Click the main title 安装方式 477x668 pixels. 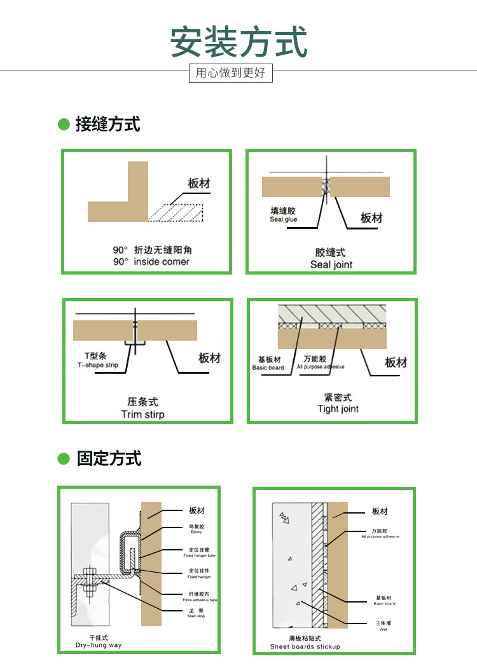238,42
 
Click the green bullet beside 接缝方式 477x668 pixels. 64,124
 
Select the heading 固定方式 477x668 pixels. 109,458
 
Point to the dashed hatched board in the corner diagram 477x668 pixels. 176,213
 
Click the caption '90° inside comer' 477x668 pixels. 151,261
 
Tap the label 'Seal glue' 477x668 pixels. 283,219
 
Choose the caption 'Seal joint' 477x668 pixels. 331,264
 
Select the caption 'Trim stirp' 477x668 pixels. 142,414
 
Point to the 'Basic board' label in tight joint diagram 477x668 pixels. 268,368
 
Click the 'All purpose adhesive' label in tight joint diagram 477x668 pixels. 321,367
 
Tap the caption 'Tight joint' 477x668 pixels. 338,409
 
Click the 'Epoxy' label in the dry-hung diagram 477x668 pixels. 196,532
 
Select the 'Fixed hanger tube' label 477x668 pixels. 199,556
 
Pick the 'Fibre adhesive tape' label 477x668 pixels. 200,600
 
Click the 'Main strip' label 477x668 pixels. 196,616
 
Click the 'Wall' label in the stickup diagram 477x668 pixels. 383,629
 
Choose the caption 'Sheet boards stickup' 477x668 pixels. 305,646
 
